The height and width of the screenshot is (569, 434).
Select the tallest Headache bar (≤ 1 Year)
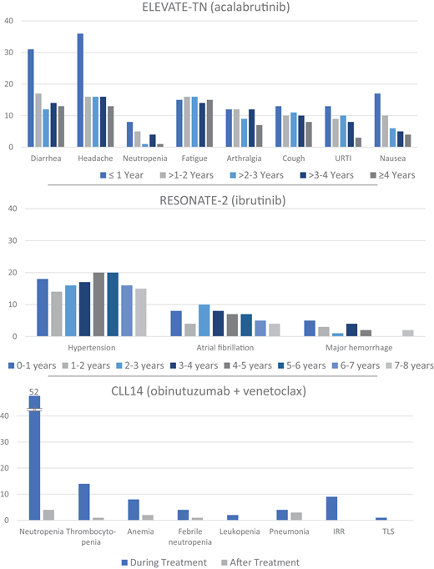80,90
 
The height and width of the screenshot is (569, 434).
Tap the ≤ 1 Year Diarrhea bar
30,98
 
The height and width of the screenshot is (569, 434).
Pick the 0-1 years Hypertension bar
42,308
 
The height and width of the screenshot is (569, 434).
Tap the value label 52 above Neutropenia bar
34,390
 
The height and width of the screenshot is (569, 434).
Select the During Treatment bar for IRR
332,508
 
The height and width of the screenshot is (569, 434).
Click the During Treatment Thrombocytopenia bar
83,501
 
